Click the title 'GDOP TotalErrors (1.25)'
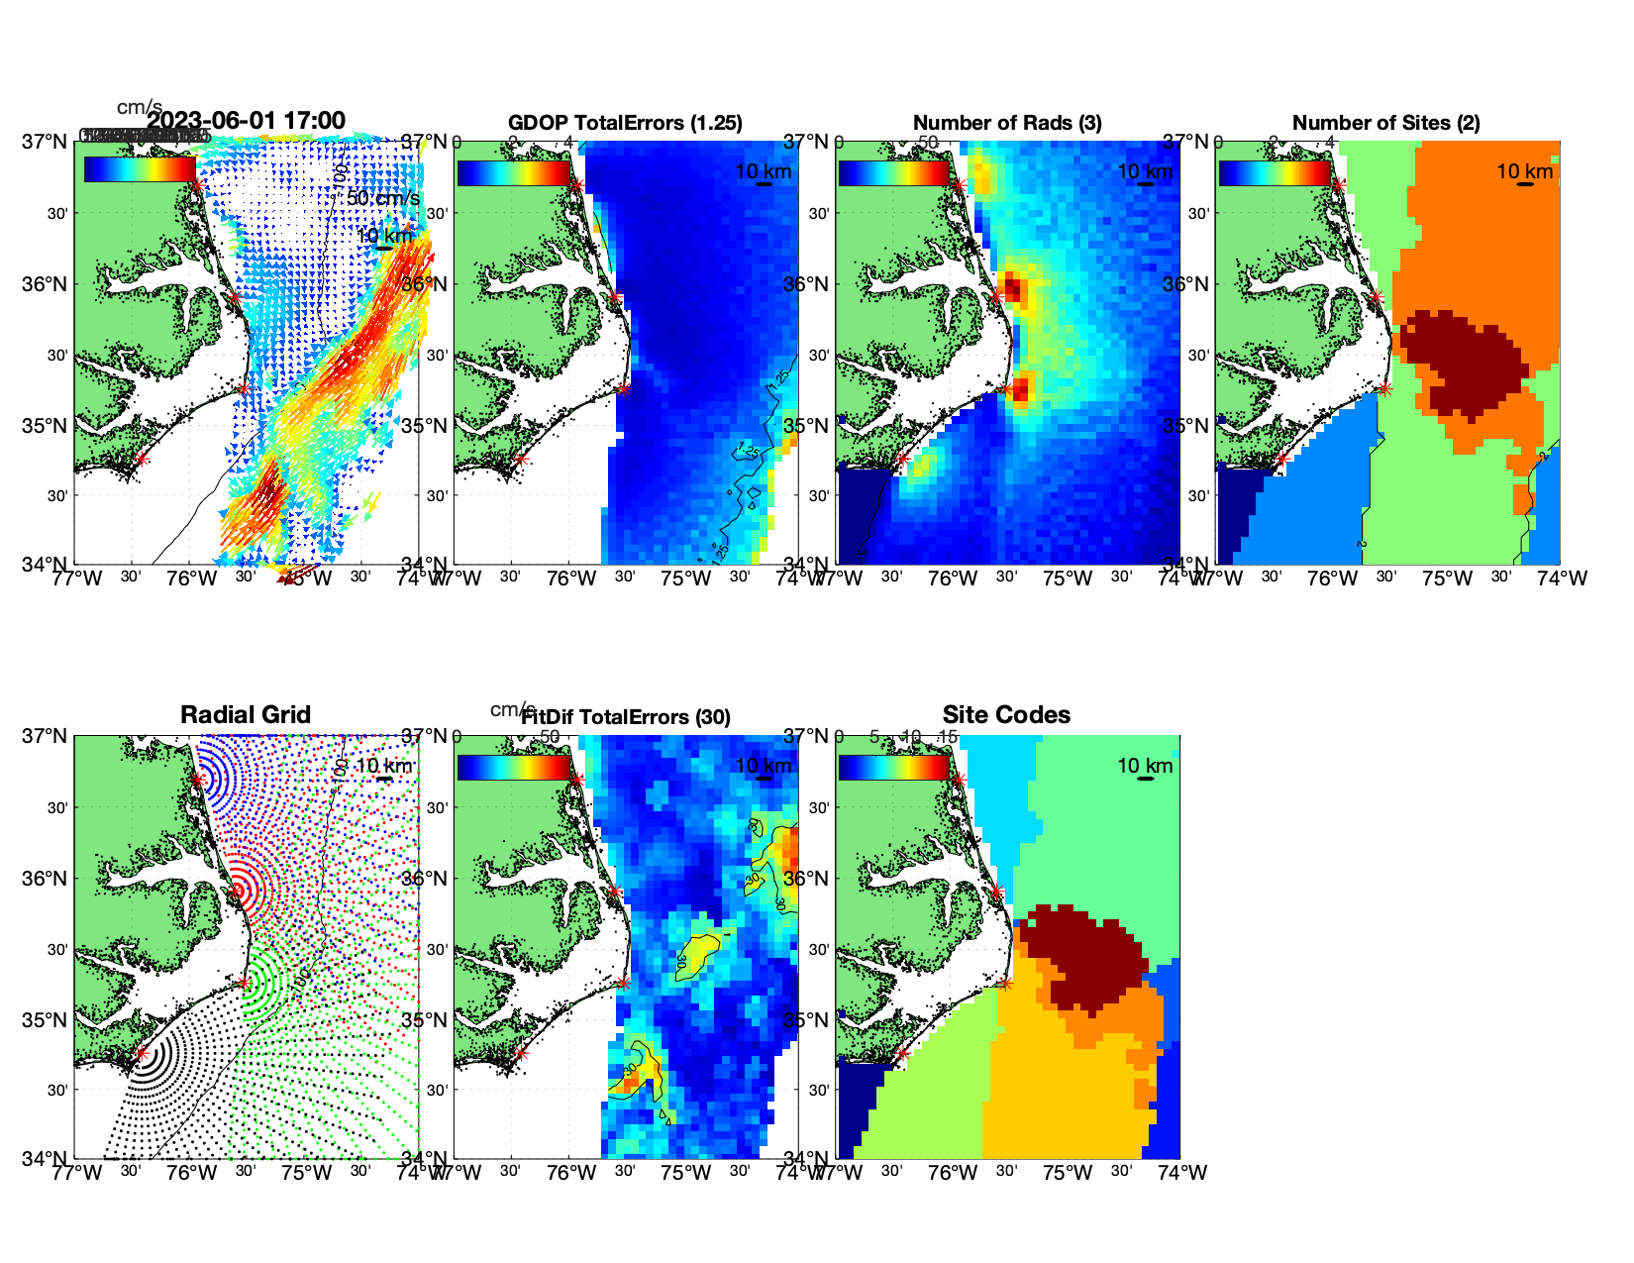tap(625, 123)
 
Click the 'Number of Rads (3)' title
tap(1007, 123)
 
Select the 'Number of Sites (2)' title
tap(1385, 123)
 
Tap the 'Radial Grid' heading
tap(246, 715)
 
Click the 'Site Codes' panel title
tap(1006, 715)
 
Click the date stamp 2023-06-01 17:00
tap(247, 121)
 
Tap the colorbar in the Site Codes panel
tap(893, 767)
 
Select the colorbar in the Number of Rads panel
tap(893, 172)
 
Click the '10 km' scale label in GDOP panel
tap(763, 171)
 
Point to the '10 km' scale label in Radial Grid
tap(383, 766)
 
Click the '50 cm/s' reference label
tap(383, 198)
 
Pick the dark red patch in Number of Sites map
tap(1461, 362)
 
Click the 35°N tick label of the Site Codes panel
tap(808, 1020)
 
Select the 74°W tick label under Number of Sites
tap(1562, 579)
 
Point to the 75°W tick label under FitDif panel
tap(685, 1173)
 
